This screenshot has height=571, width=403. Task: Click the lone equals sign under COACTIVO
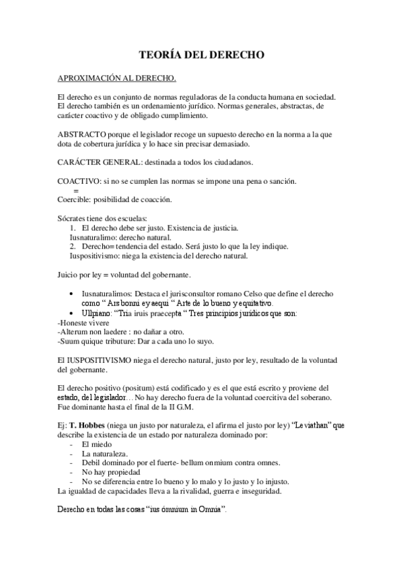pyautogui.click(x=75, y=191)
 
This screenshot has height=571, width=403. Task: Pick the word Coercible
pyautogui.click(x=75, y=200)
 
